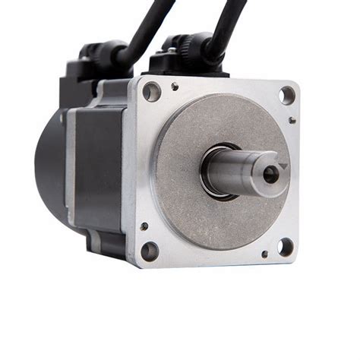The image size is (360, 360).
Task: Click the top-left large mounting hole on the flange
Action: pyautogui.click(x=151, y=92)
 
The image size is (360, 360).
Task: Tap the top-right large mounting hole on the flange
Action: pyautogui.click(x=286, y=95)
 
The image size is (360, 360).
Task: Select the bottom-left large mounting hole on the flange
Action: pyautogui.click(x=150, y=251)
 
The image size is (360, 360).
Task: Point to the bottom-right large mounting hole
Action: pyautogui.click(x=285, y=247)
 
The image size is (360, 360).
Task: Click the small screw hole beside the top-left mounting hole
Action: pyautogui.click(x=175, y=86)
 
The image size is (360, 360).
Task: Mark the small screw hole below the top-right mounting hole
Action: pyautogui.click(x=292, y=119)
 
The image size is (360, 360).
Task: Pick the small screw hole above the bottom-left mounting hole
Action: pyautogui.click(x=144, y=226)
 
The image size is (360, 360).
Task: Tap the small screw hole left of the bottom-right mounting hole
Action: pyautogui.click(x=264, y=254)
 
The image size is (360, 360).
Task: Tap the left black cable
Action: pyautogui.click(x=148, y=27)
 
